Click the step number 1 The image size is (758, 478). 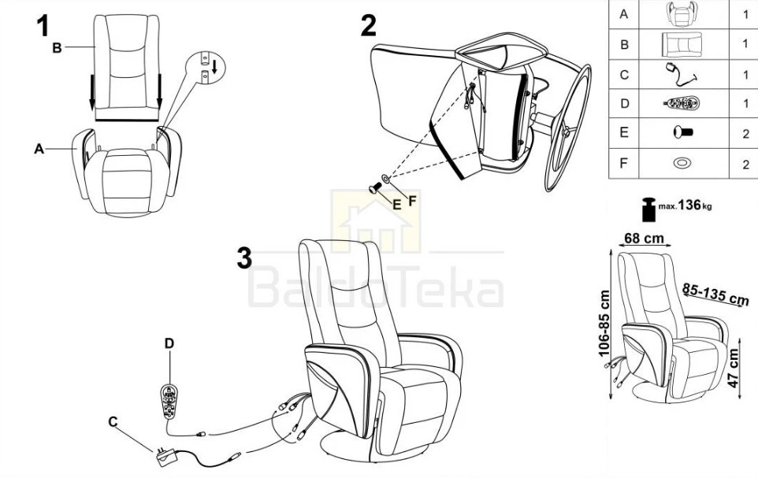point(43,26)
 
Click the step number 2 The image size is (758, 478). point(369,26)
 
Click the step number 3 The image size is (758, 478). point(244,258)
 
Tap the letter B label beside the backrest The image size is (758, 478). point(57,48)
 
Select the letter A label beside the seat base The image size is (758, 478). point(39,149)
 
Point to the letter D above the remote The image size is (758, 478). point(169,343)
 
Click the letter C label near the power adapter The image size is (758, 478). point(113,422)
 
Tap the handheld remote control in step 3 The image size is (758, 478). point(169,401)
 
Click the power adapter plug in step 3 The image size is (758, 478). point(165,458)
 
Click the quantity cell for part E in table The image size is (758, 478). point(745,133)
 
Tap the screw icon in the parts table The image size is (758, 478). point(683,132)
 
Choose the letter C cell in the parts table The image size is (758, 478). point(623,75)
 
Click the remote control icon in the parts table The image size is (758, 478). point(682,103)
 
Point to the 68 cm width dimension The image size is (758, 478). point(644,239)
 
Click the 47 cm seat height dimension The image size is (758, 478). point(734,368)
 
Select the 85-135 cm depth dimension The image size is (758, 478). point(715,295)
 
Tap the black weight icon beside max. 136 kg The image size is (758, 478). point(648,209)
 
